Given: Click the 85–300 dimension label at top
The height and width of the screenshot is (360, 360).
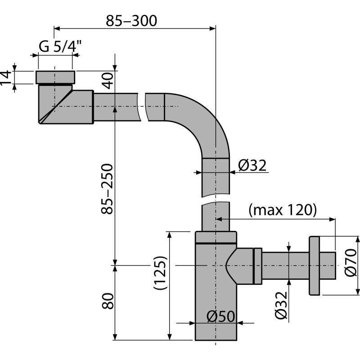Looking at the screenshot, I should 131,20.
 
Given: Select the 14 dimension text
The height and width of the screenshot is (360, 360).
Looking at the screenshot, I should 6,77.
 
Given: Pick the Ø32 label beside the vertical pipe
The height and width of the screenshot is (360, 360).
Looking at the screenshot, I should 252,166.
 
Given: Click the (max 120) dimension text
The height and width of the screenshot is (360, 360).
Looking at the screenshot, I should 283,210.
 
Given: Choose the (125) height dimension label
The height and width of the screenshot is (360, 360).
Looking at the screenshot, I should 160,272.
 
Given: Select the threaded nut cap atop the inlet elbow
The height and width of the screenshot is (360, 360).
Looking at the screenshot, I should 54,77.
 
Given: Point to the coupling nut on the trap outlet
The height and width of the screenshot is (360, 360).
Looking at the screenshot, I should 258,265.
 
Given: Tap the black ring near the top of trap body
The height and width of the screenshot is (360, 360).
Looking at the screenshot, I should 216,243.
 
